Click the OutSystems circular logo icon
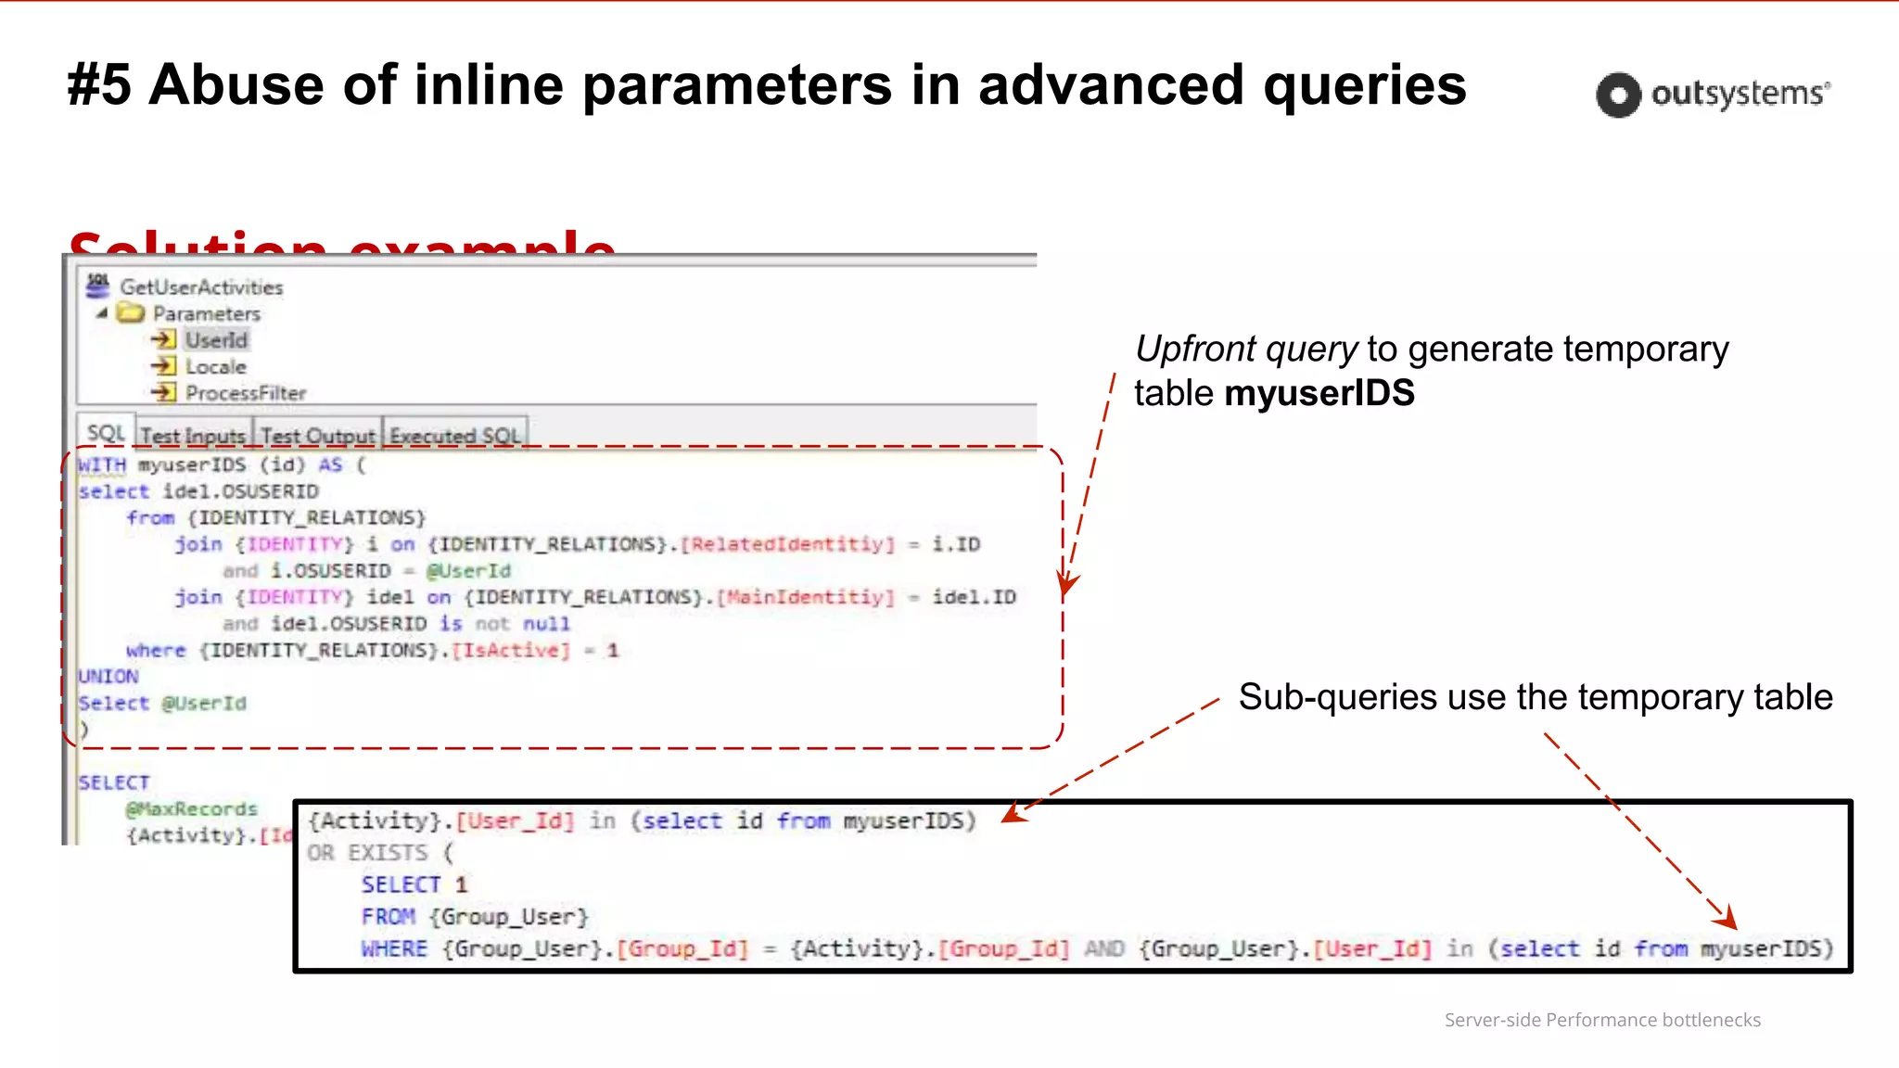click(x=1618, y=95)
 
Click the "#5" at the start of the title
click(x=99, y=85)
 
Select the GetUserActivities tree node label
click(x=201, y=287)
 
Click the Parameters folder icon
click(x=131, y=313)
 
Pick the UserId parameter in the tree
click(x=216, y=340)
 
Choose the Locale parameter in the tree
click(x=215, y=367)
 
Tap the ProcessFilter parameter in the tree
click(x=245, y=393)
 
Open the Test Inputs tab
click(x=193, y=436)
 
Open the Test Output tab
click(x=317, y=436)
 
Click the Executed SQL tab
click(x=454, y=436)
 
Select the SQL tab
click(x=106, y=434)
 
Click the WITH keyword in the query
click(x=102, y=464)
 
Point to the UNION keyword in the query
click(x=108, y=677)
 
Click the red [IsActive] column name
click(x=511, y=650)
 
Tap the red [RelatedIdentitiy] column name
click(x=788, y=544)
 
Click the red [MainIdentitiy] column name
click(x=806, y=597)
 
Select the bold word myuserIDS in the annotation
click(x=1319, y=393)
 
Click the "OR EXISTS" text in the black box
click(x=367, y=853)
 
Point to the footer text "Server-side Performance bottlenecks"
click(x=1602, y=1020)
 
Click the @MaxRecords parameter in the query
click(x=192, y=809)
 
